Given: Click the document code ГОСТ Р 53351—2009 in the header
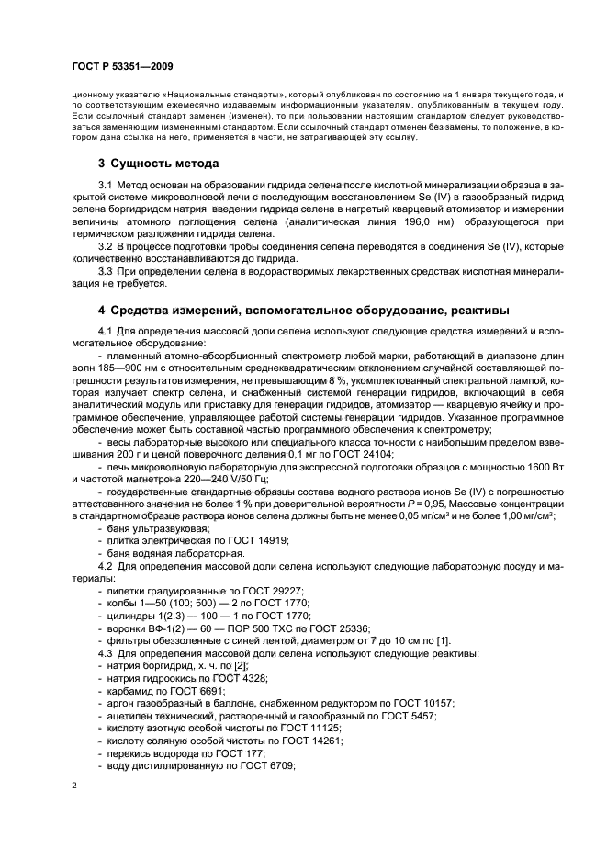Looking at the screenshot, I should click(x=122, y=67).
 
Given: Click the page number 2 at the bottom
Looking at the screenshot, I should click(x=75, y=786).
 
